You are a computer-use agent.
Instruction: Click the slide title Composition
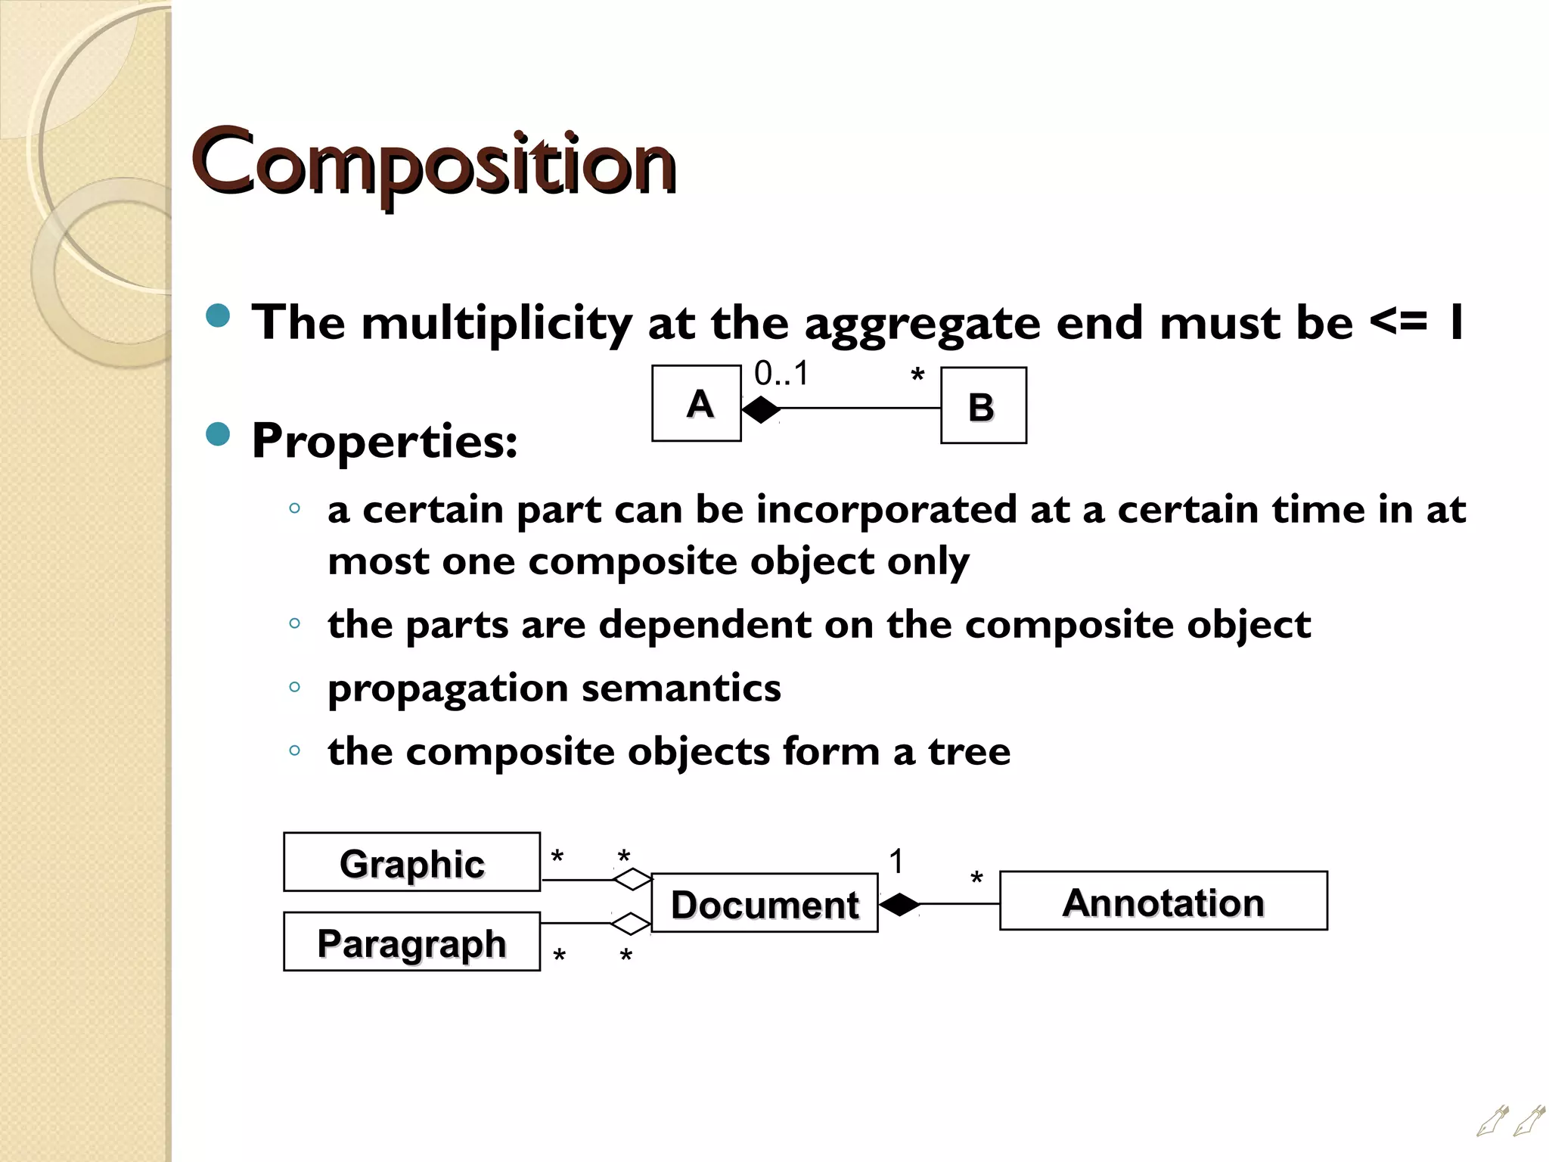(433, 163)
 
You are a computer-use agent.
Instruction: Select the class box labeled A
(697, 403)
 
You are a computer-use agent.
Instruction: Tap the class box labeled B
(983, 405)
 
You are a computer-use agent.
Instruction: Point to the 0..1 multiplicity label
(781, 374)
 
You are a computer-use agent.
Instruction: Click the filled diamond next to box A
(761, 409)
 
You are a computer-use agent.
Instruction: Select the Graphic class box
(411, 862)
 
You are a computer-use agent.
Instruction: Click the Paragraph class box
(411, 942)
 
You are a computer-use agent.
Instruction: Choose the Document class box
(764, 903)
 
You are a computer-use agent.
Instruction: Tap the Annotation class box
(1163, 901)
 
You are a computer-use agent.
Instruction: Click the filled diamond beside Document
(899, 904)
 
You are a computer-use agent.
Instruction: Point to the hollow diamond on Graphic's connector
(632, 879)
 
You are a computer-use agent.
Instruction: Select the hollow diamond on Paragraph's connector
(631, 924)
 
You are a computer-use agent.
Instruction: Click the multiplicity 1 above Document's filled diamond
(896, 862)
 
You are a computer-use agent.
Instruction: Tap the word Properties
(384, 441)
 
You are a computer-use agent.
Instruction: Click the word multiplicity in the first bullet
(496, 323)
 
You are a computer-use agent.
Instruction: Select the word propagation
(448, 688)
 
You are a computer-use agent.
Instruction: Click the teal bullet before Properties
(218, 434)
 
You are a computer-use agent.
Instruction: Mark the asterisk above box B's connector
(917, 376)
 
